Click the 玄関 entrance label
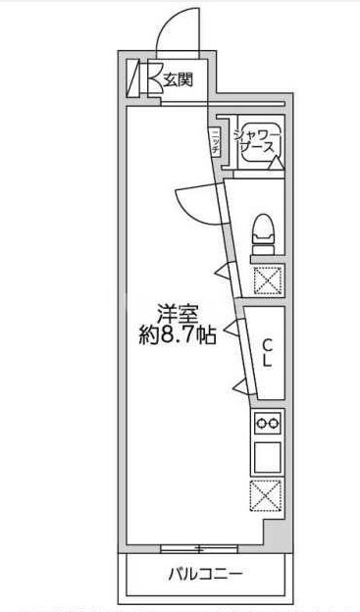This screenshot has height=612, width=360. coord(179,80)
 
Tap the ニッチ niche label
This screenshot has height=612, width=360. coord(214,139)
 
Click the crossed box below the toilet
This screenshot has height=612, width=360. coord(268,280)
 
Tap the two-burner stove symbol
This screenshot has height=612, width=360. coord(268,424)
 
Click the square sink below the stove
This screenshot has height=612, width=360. coord(268,457)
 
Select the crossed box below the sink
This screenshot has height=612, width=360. coord(267,495)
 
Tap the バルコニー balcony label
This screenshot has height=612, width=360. coord(205,574)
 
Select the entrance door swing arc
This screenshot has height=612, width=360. coord(178,27)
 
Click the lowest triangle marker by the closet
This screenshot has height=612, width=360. coord(237,383)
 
